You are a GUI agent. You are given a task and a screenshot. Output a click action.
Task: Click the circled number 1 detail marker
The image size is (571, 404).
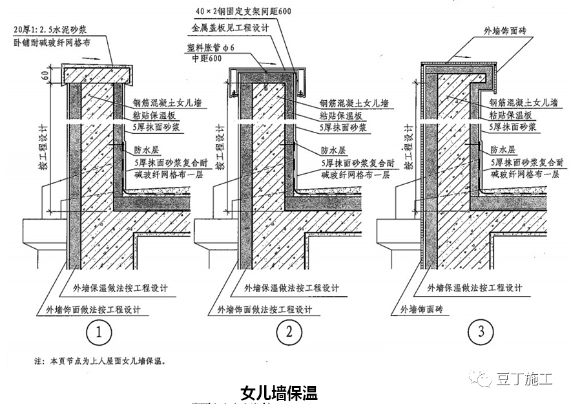(x=99, y=333)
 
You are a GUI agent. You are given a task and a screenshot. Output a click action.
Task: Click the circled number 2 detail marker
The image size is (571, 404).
(x=289, y=333)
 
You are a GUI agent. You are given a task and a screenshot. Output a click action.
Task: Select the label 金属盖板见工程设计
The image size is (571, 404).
(x=228, y=29)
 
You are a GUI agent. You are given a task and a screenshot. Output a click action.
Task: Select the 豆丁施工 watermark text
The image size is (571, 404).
(x=524, y=379)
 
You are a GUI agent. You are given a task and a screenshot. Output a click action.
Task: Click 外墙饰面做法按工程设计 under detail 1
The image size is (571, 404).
(x=92, y=309)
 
